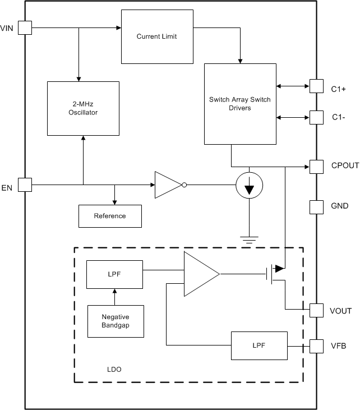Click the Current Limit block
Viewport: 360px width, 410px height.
click(x=157, y=37)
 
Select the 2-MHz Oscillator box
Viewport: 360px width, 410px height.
click(x=83, y=108)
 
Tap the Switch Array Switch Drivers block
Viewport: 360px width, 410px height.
click(x=239, y=104)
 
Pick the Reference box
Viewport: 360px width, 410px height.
click(x=110, y=216)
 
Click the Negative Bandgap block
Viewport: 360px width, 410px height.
click(x=116, y=321)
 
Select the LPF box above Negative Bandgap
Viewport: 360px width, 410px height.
click(x=115, y=275)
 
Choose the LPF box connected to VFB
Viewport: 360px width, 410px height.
click(x=259, y=345)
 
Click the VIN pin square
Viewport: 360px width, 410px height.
click(x=25, y=27)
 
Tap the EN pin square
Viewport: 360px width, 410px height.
click(x=25, y=185)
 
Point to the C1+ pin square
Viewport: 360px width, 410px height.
click(x=317, y=86)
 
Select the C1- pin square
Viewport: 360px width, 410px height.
click(x=317, y=117)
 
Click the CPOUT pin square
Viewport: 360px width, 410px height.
click(x=317, y=166)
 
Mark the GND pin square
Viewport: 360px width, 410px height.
click(x=317, y=207)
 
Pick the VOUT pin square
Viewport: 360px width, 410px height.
click(x=317, y=310)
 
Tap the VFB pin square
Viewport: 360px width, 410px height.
click(x=317, y=346)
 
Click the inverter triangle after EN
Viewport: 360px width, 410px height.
click(x=168, y=185)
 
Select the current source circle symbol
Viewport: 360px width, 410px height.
click(x=248, y=185)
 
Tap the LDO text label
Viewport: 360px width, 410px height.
click(x=114, y=370)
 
